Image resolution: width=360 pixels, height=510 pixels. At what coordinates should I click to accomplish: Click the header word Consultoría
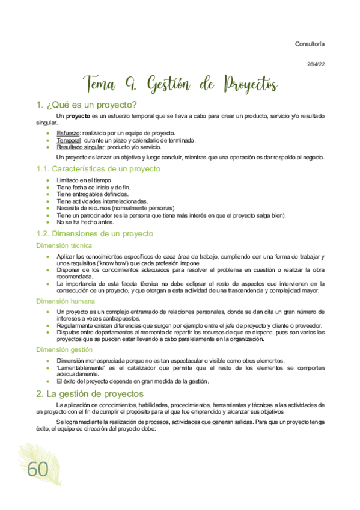310,44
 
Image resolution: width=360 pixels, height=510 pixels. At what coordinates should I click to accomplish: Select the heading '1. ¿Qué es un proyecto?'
87,105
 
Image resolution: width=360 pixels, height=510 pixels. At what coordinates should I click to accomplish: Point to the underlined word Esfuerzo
67,132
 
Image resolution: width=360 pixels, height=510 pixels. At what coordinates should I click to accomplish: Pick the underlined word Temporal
69,140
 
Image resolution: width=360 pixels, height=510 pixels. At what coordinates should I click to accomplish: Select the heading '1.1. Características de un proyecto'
98,169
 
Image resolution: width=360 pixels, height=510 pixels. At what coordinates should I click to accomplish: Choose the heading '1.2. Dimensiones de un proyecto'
95,233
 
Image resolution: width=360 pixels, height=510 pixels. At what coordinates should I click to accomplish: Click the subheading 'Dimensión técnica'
64,245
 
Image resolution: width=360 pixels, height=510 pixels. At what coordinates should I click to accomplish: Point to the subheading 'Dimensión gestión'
64,349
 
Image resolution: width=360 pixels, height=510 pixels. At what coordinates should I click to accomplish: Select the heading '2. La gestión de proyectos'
90,393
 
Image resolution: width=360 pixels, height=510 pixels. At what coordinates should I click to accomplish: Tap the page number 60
37,470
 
